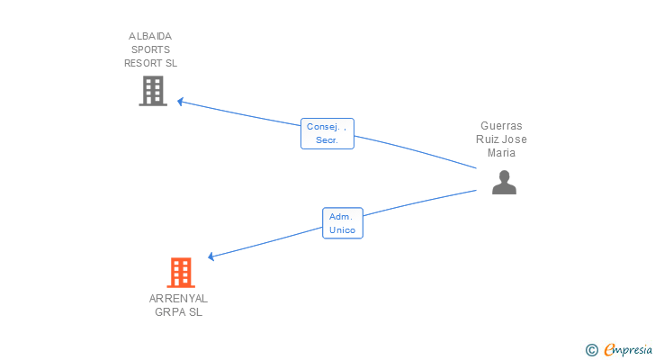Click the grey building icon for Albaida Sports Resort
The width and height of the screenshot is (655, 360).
pyautogui.click(x=153, y=91)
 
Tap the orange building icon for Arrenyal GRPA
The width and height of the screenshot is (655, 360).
pyautogui.click(x=181, y=273)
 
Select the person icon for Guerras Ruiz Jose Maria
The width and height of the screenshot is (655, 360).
pyautogui.click(x=504, y=183)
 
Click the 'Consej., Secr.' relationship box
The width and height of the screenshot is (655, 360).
pyautogui.click(x=327, y=134)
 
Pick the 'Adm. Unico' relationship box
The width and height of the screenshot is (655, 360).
pyautogui.click(x=342, y=223)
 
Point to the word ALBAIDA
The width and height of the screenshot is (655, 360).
pyautogui.click(x=150, y=36)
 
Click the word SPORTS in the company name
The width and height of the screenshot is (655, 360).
pyautogui.click(x=150, y=49)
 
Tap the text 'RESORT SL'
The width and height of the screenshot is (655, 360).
pyautogui.click(x=150, y=63)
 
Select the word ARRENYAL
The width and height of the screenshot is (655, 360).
pyautogui.click(x=178, y=298)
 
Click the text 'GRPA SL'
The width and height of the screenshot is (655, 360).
pyautogui.click(x=178, y=312)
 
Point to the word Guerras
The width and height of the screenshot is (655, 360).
pyautogui.click(x=501, y=126)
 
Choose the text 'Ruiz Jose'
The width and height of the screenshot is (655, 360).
pyautogui.click(x=501, y=139)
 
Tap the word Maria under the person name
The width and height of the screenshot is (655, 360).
pyautogui.click(x=501, y=153)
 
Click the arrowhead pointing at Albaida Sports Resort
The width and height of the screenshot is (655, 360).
pyautogui.click(x=180, y=101)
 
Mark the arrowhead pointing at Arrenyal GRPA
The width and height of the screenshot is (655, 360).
pyautogui.click(x=211, y=256)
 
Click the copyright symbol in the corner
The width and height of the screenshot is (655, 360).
pyautogui.click(x=591, y=350)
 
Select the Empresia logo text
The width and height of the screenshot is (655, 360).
pyautogui.click(x=628, y=350)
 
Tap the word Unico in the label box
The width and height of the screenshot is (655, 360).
pyautogui.click(x=342, y=230)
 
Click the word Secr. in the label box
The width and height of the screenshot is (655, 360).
pyautogui.click(x=327, y=141)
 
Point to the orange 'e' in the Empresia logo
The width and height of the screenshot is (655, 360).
pyautogui.click(x=609, y=350)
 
